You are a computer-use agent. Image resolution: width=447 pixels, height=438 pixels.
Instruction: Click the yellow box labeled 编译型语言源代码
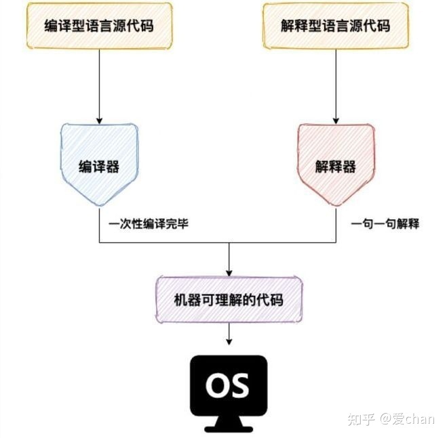pyautogui.click(x=100, y=26)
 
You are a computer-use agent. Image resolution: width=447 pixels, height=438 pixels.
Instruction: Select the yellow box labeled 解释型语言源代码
pyautogui.click(x=336, y=26)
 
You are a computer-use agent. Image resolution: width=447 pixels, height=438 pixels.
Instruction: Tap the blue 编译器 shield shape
pyautogui.click(x=99, y=162)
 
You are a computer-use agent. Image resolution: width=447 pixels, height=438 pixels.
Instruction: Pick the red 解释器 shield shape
pyautogui.click(x=336, y=162)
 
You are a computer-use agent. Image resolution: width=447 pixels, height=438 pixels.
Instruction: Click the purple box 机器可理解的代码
pyautogui.click(x=229, y=299)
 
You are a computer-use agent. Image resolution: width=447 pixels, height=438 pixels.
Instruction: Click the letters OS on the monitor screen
pyautogui.click(x=228, y=385)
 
